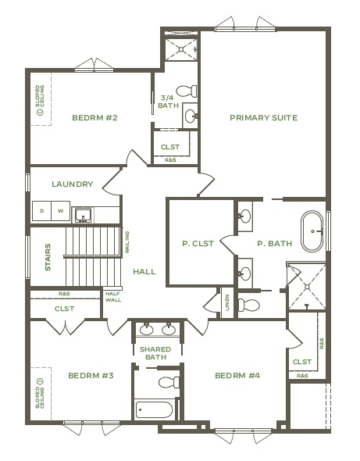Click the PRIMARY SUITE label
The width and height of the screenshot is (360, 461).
point(264,118)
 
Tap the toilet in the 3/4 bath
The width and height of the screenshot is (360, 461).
point(187,91)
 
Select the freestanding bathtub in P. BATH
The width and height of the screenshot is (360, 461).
point(312,231)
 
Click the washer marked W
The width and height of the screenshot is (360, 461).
point(61,211)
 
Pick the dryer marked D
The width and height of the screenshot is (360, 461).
point(41,211)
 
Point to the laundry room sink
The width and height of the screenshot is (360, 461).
point(83,215)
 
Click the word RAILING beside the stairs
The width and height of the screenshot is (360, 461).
point(127,242)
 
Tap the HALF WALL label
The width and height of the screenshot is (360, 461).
point(113,297)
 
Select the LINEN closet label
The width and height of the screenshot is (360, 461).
point(227,302)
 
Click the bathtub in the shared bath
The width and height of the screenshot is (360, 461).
point(154,409)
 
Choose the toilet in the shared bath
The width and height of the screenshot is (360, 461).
point(169,382)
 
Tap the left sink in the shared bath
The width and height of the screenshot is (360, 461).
point(146,329)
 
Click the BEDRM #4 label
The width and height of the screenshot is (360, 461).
point(237,376)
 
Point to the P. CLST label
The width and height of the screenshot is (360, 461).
point(198,244)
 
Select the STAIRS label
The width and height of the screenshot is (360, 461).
point(48,257)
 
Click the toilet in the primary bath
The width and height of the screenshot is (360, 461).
point(248,305)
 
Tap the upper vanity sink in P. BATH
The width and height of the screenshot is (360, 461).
point(244,216)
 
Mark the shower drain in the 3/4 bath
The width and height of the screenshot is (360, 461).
point(181,49)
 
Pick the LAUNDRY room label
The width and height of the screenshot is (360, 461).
point(73,184)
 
